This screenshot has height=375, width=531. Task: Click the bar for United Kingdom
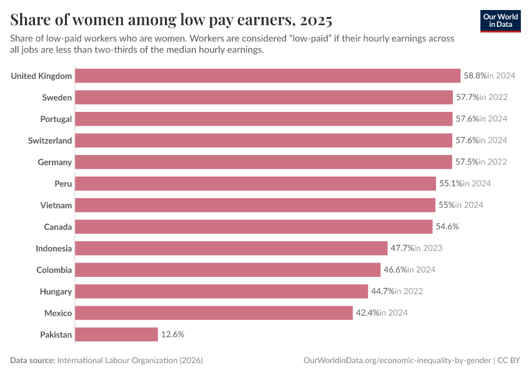click(267, 76)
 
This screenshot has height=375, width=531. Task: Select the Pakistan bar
click(116, 334)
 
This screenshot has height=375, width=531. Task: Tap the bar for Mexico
click(214, 312)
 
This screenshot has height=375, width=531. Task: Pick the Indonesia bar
click(231, 248)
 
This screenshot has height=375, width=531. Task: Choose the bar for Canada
click(254, 226)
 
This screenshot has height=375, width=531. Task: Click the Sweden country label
click(57, 97)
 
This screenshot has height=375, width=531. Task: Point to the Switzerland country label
click(50, 141)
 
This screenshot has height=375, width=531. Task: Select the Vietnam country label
click(56, 205)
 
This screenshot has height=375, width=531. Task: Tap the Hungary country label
click(56, 291)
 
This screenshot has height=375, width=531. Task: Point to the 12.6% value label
click(172, 334)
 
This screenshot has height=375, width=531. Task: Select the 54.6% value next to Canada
click(447, 226)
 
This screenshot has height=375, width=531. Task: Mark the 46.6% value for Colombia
click(395, 270)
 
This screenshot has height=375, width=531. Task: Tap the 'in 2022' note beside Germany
click(493, 162)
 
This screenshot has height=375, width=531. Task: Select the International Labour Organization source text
click(130, 361)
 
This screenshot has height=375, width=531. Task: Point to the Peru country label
click(63, 184)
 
